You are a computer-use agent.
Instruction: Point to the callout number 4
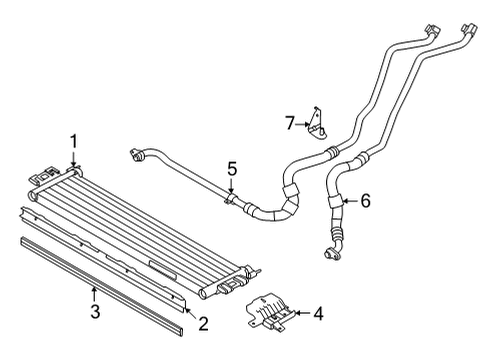pos(318,314)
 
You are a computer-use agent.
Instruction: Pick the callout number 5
pos(232,169)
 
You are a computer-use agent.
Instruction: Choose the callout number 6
pos(365,201)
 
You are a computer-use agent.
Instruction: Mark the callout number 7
pos(290,122)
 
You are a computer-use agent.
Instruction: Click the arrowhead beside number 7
pos(306,124)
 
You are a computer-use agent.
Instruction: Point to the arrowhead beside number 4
pos(298,314)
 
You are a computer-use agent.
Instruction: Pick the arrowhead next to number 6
pos(344,201)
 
